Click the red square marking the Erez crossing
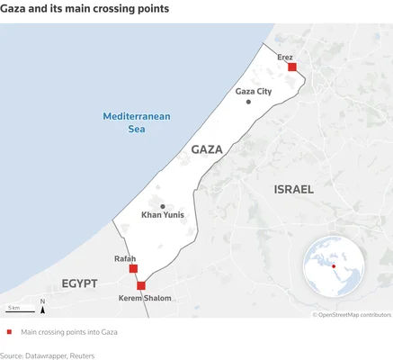[292, 67]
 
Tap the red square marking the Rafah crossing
[133, 268]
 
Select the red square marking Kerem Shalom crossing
[140, 285]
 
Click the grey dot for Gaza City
[248, 102]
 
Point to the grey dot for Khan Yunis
[163, 206]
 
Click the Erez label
[285, 57]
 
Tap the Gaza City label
[253, 92]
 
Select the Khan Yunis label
[163, 216]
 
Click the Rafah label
[125, 259]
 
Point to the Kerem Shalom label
[145, 298]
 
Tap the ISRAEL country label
[293, 190]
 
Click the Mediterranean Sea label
[137, 122]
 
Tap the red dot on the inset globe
[334, 265]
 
